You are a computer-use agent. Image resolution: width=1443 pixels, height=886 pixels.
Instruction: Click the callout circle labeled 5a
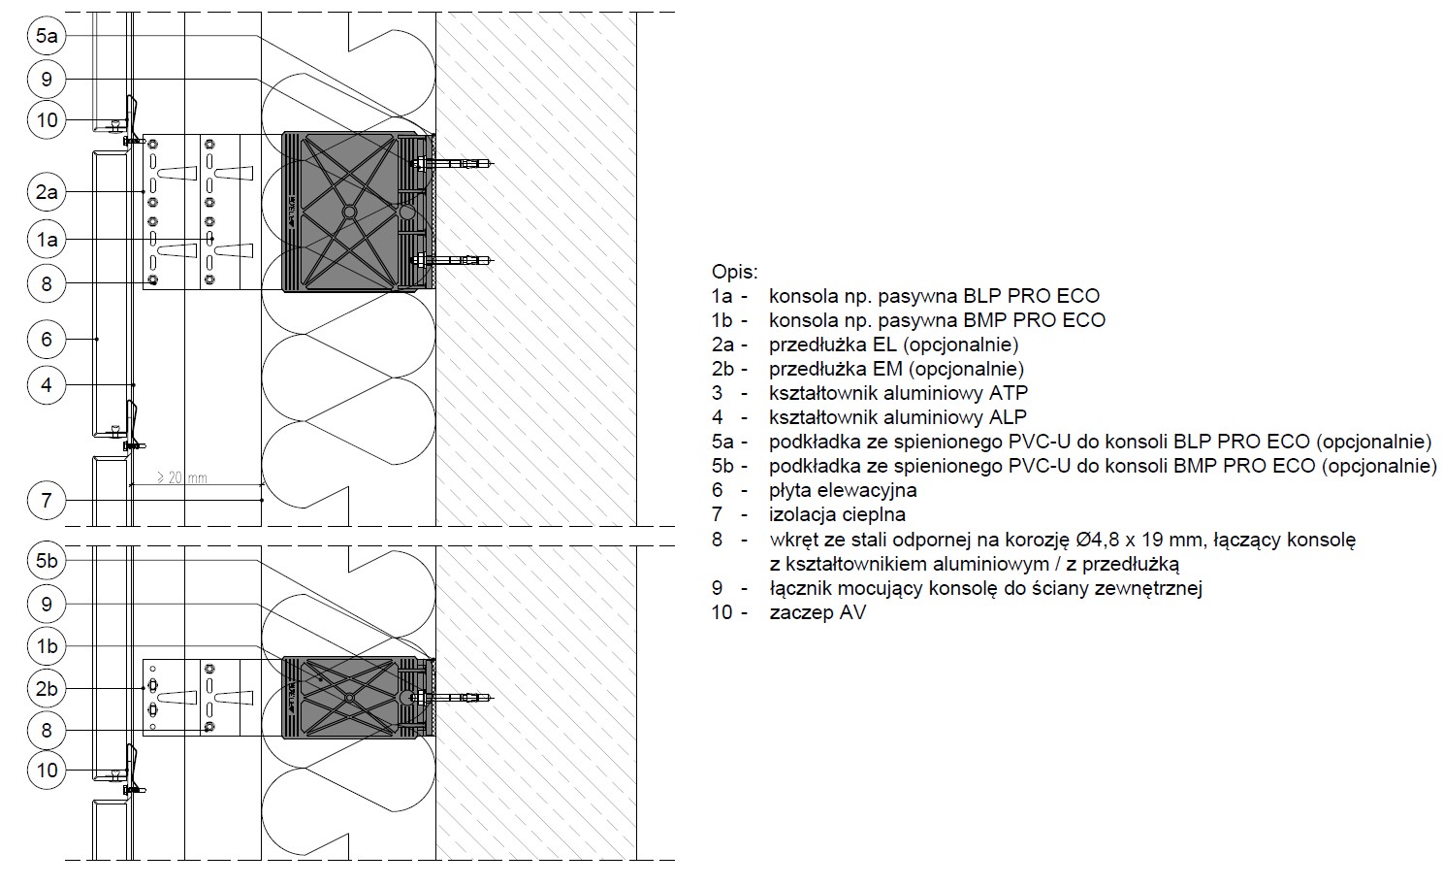(x=47, y=36)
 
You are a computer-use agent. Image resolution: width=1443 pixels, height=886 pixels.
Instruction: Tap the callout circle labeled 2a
(x=47, y=191)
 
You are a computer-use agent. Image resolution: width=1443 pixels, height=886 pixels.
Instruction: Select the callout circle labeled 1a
(x=47, y=240)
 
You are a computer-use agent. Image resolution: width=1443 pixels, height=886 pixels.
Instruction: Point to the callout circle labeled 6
(x=47, y=339)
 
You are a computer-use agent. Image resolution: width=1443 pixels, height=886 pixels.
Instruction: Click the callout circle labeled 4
(x=47, y=385)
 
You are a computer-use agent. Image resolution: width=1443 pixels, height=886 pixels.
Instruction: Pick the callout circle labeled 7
(x=47, y=500)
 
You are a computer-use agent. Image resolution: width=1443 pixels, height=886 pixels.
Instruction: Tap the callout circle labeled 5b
(x=47, y=560)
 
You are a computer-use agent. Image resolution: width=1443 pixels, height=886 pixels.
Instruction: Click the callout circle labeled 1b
(x=47, y=645)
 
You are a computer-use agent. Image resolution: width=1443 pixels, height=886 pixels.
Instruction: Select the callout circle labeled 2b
(x=47, y=689)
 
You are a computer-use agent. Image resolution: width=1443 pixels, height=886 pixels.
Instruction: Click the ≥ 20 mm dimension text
(x=182, y=477)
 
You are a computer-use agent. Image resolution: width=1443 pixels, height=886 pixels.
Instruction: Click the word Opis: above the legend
(x=734, y=272)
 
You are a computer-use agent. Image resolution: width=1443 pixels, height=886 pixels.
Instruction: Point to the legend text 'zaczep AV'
(x=818, y=612)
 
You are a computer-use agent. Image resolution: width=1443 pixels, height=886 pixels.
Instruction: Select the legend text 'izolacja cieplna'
(x=837, y=514)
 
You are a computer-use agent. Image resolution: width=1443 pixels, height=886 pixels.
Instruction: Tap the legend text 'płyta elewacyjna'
(x=843, y=490)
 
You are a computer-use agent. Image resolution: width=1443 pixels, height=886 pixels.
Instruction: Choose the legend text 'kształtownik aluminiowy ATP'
(x=898, y=393)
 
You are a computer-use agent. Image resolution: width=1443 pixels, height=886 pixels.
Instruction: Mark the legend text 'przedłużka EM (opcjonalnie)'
(x=896, y=369)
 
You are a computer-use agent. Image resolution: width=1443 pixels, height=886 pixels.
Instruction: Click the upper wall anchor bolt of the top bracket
(x=452, y=164)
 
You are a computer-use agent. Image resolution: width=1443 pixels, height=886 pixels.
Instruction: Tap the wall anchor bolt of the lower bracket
(x=452, y=698)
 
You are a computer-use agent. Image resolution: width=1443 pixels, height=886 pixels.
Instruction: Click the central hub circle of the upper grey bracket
(x=350, y=212)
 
